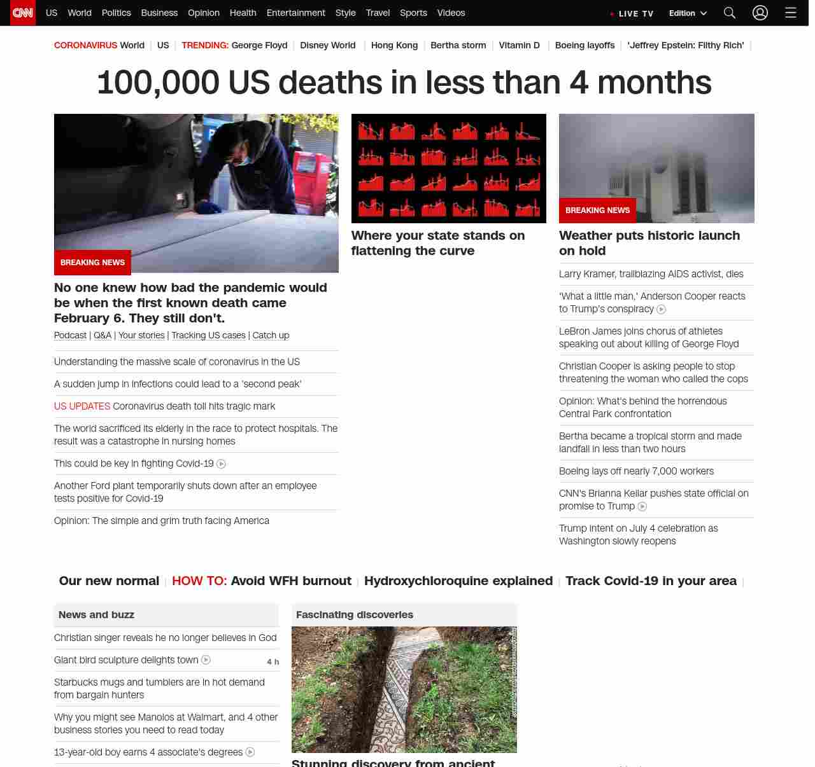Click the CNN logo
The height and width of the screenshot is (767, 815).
(23, 13)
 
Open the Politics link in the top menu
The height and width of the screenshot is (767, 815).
(116, 13)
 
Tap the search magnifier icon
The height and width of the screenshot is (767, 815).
(730, 13)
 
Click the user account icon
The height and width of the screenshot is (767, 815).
(760, 13)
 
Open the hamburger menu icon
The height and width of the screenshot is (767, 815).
(791, 13)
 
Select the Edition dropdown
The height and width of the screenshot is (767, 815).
(688, 13)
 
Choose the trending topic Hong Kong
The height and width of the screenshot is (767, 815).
(394, 45)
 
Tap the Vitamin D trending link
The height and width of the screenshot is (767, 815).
(519, 45)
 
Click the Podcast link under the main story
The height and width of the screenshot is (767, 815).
(70, 335)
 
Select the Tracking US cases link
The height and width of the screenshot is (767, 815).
(208, 335)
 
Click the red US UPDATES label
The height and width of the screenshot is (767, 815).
(82, 406)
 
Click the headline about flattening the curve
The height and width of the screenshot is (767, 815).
(438, 243)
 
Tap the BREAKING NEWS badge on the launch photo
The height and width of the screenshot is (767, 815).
(597, 211)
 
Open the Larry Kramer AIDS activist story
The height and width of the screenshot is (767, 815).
(651, 274)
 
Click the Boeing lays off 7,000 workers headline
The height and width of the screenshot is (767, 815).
(636, 471)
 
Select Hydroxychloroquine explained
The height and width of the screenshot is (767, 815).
(458, 581)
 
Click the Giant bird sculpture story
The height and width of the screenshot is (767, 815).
(126, 660)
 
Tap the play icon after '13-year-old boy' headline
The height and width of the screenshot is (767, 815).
(250, 752)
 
